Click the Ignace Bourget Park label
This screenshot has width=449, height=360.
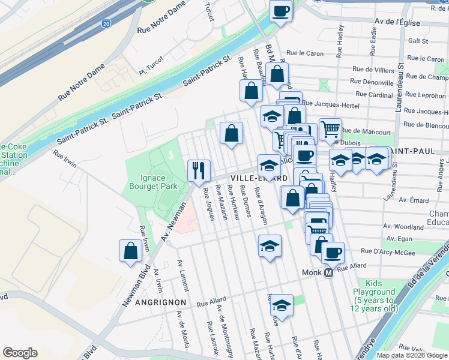153,181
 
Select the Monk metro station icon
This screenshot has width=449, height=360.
328,272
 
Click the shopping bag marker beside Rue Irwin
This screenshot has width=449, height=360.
130,251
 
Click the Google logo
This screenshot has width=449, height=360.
20,353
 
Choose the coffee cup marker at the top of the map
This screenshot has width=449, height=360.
280,10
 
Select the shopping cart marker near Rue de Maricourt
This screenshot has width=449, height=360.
330,128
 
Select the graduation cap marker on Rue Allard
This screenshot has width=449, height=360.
281,305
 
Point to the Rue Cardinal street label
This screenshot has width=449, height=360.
374,94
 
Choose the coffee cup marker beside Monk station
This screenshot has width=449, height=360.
332,251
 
